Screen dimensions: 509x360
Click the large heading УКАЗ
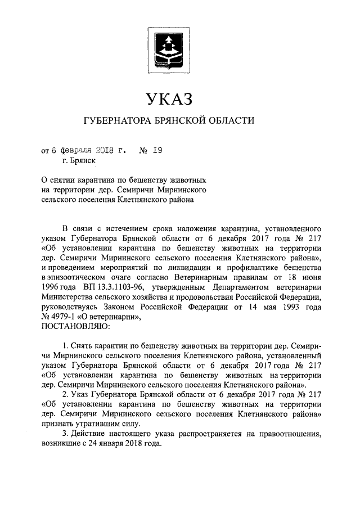tap(169, 100)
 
